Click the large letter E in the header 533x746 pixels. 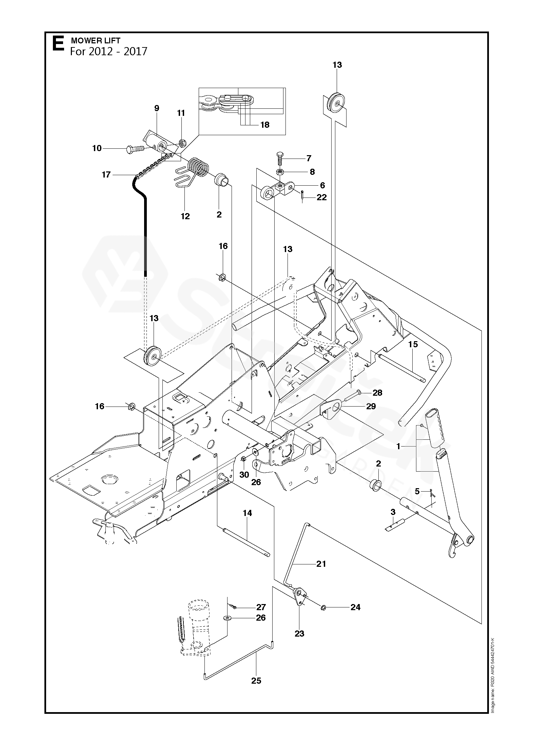(x=58, y=44)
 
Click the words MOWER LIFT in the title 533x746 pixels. (x=95, y=41)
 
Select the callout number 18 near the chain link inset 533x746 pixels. (x=264, y=125)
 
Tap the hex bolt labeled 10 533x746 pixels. (x=136, y=148)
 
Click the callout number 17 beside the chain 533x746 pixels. (x=106, y=174)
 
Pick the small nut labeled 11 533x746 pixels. (x=181, y=143)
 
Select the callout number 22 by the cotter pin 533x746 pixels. (x=321, y=197)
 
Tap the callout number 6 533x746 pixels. (x=322, y=185)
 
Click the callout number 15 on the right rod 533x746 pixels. (x=413, y=345)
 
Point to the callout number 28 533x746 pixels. (x=377, y=393)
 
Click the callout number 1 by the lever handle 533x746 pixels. (x=398, y=447)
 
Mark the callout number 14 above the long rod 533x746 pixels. (x=247, y=513)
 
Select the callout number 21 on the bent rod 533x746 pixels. (x=321, y=564)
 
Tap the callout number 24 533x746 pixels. (x=355, y=607)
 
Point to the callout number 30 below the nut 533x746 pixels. (x=244, y=475)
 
